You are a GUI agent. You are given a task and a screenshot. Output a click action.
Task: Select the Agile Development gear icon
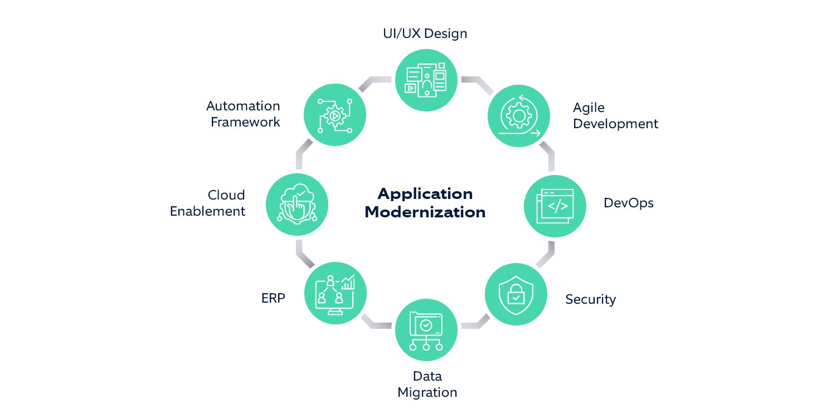(519, 115)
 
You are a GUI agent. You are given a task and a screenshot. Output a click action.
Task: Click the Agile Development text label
(615, 115)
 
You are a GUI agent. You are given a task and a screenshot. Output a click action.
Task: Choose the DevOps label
(628, 203)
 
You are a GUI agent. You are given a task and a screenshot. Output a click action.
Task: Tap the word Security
(590, 299)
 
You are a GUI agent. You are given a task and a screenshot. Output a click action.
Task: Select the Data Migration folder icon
(426, 330)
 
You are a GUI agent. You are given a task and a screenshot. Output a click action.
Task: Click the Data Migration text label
(427, 384)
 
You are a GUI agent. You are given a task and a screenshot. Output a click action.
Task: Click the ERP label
(273, 298)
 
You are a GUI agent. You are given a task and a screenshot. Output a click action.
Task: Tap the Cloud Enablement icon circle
(297, 203)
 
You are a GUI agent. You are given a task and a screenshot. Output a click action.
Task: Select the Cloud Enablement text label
(207, 203)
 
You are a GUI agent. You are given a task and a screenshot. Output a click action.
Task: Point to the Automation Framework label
(244, 114)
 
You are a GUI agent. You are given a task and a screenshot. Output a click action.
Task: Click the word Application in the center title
(425, 193)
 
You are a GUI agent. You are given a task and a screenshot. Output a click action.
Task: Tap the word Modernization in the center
(425, 212)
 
